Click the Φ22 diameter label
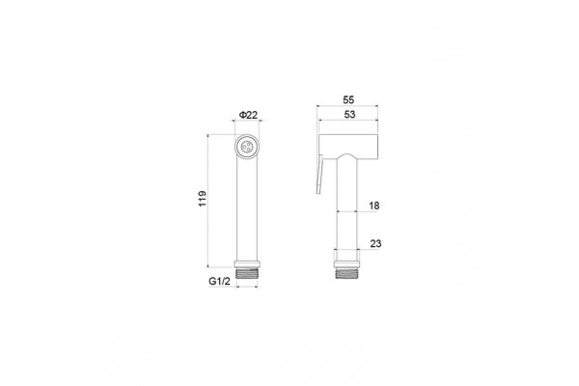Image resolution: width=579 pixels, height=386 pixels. point(248,115)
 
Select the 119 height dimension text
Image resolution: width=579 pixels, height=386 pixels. point(203,199)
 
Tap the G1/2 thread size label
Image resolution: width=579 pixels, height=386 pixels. point(219,281)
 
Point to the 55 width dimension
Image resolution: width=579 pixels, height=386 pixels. point(348,99)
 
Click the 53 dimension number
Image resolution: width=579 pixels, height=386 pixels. point(349,115)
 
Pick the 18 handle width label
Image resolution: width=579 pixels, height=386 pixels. point(374,206)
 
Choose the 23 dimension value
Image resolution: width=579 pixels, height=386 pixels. point(375,244)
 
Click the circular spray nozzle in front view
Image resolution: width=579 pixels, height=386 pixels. point(247,147)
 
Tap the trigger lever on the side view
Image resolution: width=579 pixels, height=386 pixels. point(319,175)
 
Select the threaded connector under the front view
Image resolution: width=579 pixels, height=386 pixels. point(247,274)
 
